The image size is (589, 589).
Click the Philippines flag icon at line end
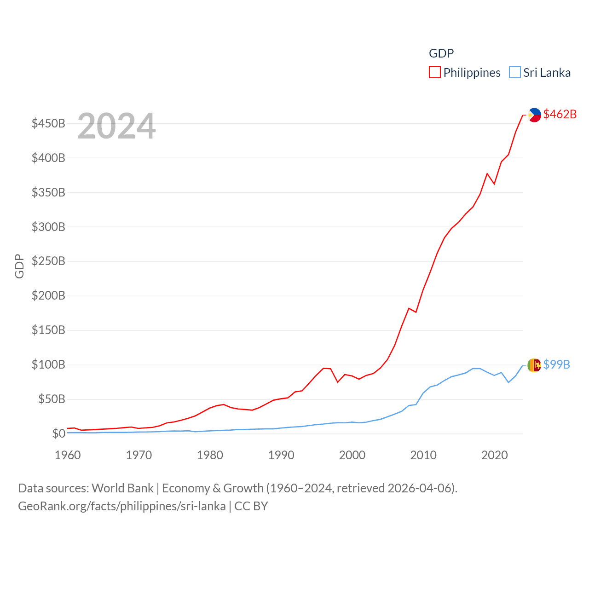tap(534, 115)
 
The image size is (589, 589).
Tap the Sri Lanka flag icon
tap(534, 365)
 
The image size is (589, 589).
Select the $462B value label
tap(560, 114)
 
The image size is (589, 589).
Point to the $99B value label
tap(556, 364)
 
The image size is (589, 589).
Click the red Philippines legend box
tap(434, 73)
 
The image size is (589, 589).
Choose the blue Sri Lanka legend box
tap(514, 73)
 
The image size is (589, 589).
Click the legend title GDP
tap(441, 53)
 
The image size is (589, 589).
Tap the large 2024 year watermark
tap(116, 126)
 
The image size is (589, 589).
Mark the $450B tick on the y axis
tap(48, 123)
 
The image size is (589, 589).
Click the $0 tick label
tap(58, 433)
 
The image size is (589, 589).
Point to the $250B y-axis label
tap(48, 261)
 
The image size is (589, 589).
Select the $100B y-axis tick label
tap(48, 365)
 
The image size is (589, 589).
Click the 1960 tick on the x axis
tap(68, 455)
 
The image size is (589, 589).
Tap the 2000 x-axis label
tap(352, 455)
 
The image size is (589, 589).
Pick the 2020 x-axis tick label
tap(494, 455)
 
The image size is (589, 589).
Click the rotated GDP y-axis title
tap(19, 266)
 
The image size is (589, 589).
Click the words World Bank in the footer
tap(122, 488)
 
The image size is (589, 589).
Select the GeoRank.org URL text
tap(121, 506)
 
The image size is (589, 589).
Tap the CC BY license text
tap(251, 506)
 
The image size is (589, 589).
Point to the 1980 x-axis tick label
tap(210, 455)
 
